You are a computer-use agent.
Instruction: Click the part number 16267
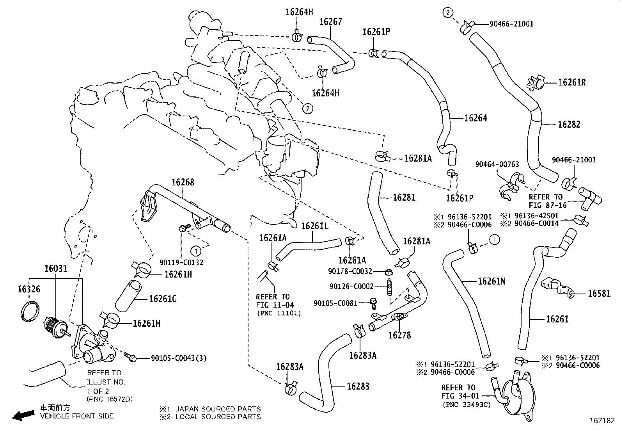330,22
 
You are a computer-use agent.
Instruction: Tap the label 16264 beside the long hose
476,118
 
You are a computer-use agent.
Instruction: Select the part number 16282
569,125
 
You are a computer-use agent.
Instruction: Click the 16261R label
572,82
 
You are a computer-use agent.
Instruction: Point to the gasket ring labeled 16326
30,311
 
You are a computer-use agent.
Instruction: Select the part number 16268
183,182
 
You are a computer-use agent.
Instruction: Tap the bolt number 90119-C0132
181,262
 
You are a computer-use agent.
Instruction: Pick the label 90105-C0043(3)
179,358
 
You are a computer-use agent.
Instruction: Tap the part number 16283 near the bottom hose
358,386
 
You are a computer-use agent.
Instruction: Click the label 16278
399,335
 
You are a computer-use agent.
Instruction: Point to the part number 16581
599,294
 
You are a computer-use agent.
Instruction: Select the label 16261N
491,281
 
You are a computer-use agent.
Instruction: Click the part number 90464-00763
497,164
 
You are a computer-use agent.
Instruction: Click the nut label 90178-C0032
350,271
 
